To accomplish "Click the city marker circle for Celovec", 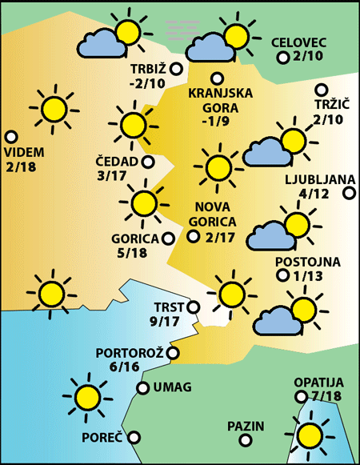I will pos(282,58).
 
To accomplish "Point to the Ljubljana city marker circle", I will pos(349,192).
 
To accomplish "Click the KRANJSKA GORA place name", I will pos(220,100).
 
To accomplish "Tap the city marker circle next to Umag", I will pos(142,388).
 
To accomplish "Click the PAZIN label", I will pos(246,426).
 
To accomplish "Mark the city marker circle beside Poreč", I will pos(134,438).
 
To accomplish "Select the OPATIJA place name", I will pos(318,383).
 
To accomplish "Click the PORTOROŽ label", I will pos(130,352).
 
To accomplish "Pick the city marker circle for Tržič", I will pos(322,90).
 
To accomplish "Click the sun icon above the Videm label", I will pos(54,109).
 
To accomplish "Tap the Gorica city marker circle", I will pos(168,238).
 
